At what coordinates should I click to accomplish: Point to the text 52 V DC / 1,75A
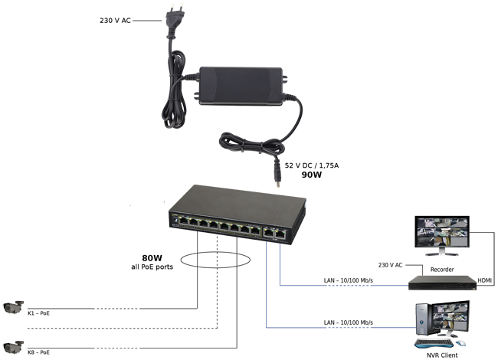(x=316, y=165)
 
